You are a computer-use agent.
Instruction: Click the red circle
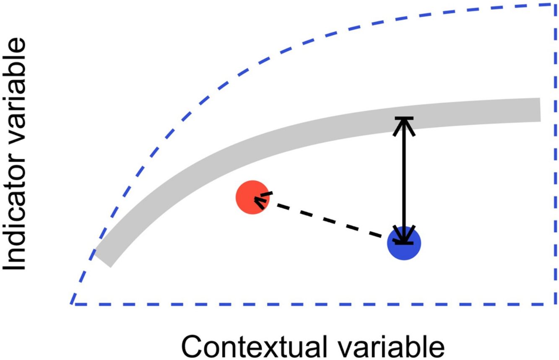252,197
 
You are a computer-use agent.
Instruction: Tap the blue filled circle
403,243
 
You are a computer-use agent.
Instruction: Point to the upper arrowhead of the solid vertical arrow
404,123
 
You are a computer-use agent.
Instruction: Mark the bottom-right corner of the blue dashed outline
555,304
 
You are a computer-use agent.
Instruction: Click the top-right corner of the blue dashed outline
555,5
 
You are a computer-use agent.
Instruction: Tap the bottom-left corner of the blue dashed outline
72,303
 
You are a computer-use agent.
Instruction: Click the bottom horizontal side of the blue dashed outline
315,304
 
